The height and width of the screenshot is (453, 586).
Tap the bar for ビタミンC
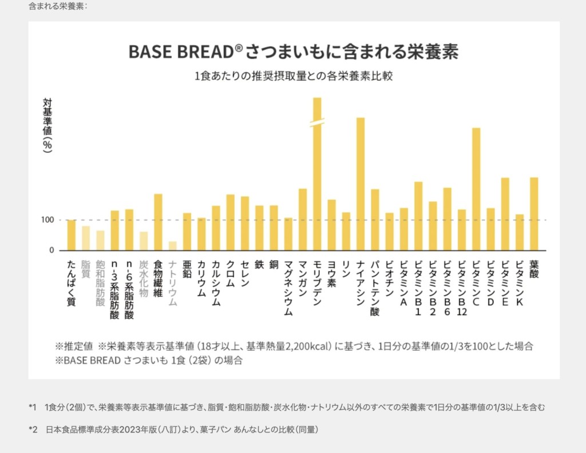[x=476, y=189]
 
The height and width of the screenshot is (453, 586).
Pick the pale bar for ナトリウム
[x=172, y=246]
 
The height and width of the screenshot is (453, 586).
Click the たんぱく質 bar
[x=71, y=235]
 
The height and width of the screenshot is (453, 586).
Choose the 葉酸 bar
[x=534, y=214]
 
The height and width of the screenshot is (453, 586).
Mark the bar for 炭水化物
[x=144, y=241]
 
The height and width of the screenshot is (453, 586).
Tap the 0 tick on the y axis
[x=51, y=251]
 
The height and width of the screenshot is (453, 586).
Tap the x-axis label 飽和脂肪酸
[x=100, y=284]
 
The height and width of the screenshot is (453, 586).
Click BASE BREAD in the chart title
[x=181, y=51]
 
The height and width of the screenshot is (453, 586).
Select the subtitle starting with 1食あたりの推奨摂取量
[x=294, y=76]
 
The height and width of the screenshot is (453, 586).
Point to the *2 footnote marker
[x=33, y=429]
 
